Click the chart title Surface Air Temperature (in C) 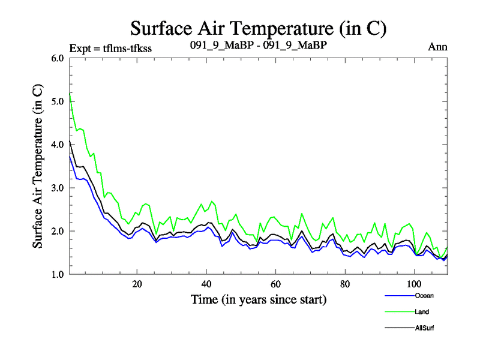pos(258,28)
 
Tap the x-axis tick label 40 pos(206,284)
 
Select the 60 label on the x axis pos(275,284)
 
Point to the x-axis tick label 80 pos(345,284)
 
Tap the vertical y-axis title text pos(37,166)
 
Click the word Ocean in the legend pos(424,296)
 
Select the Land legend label pos(422,312)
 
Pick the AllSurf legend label pos(424,328)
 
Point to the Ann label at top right pos(437,47)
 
